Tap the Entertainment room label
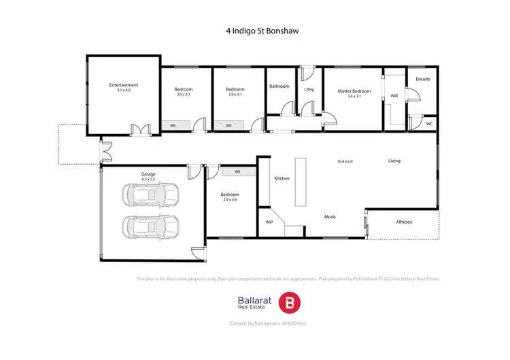(x=124, y=85)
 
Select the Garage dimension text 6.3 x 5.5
(x=148, y=180)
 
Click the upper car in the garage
(x=150, y=195)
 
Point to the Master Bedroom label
(x=354, y=91)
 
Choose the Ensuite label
(x=423, y=80)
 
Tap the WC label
(x=429, y=124)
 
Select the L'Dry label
(x=309, y=89)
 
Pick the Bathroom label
(x=279, y=86)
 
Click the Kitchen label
(x=282, y=178)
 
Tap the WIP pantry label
(x=269, y=222)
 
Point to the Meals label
(x=330, y=217)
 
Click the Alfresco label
(x=404, y=223)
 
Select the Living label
(x=394, y=161)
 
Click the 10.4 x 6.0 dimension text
(x=345, y=161)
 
